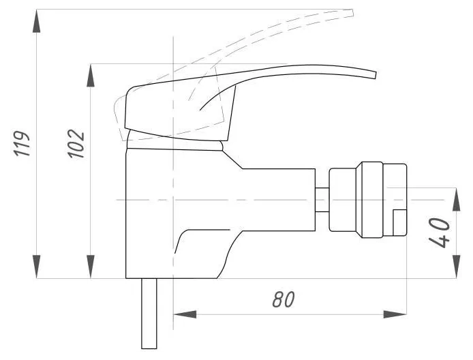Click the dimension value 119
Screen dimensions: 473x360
(x=22, y=144)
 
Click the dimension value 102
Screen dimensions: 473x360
(x=76, y=144)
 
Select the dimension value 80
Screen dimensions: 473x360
(x=284, y=299)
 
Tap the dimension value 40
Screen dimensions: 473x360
(x=439, y=233)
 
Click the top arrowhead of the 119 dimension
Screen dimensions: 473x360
(x=37, y=21)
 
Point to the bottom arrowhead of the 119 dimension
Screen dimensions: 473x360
(x=37, y=267)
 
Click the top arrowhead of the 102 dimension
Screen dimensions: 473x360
(x=91, y=76)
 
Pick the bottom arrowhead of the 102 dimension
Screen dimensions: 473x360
(x=91, y=267)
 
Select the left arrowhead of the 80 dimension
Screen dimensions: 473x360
(x=185, y=314)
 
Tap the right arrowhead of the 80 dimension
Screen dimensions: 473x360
(x=395, y=314)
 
